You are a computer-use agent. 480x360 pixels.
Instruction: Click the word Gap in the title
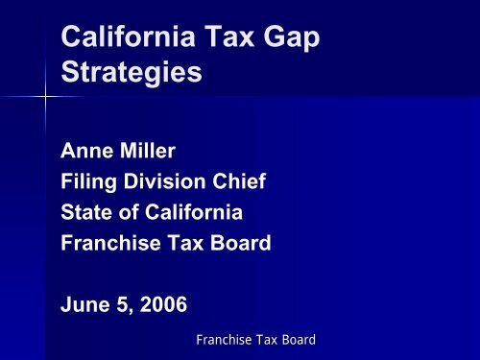[x=285, y=36]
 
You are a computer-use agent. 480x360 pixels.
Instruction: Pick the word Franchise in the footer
[x=223, y=339]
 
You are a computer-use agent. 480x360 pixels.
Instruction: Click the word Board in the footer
[x=296, y=339]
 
